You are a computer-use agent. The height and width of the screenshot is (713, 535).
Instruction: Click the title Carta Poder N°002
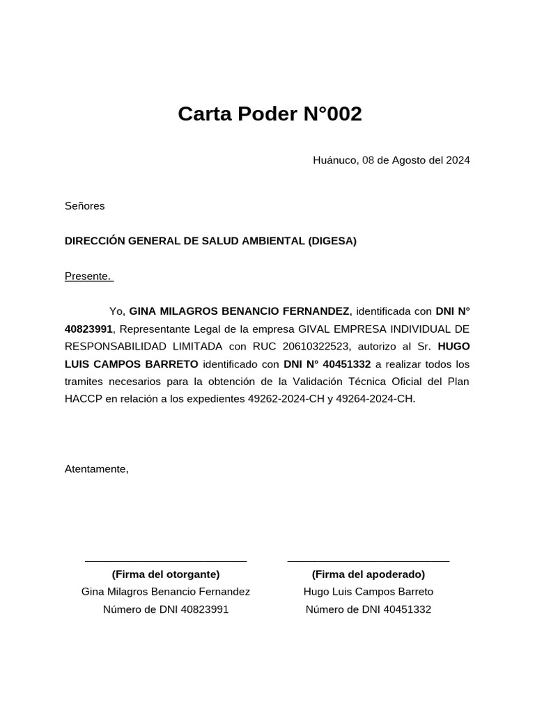[270, 113]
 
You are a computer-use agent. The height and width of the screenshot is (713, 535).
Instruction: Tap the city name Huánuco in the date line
[335, 160]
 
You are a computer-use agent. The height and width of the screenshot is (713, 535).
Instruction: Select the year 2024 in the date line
[458, 160]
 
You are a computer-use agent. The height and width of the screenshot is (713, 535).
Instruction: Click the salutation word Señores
[84, 206]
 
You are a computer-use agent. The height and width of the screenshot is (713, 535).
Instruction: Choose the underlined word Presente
[88, 276]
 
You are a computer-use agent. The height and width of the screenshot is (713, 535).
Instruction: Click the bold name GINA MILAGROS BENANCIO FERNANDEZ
[239, 311]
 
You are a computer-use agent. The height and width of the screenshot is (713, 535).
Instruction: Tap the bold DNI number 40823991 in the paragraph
[88, 329]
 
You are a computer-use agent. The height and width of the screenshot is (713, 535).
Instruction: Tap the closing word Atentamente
[96, 469]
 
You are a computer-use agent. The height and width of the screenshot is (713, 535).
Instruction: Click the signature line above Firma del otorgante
[166, 560]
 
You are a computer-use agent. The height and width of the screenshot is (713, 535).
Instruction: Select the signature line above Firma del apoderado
[369, 560]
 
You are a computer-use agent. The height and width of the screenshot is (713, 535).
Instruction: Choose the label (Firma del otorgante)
[166, 574]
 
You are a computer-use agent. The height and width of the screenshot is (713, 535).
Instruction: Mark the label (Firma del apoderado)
[369, 574]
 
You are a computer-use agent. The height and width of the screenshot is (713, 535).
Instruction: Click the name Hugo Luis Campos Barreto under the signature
[369, 592]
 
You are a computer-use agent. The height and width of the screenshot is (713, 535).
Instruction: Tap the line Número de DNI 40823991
[166, 609]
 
